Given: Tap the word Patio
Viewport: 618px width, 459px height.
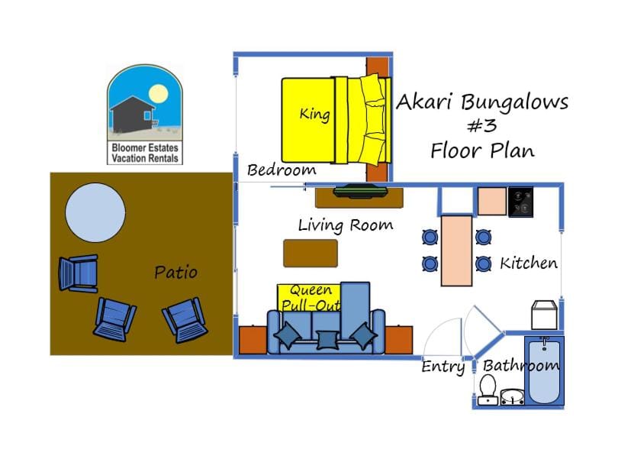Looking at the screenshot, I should click(175, 272).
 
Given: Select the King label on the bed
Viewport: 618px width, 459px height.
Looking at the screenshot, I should click(314, 115).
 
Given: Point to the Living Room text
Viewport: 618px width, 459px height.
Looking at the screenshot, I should click(345, 225).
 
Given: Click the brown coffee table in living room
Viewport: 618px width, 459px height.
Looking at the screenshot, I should click(310, 253).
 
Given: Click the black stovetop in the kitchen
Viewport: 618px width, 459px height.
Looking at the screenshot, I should click(523, 202).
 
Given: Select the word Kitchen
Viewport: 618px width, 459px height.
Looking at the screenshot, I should click(528, 263).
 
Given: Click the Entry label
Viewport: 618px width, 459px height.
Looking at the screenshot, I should click(443, 367).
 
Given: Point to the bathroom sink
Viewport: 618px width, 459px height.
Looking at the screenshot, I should click(511, 396).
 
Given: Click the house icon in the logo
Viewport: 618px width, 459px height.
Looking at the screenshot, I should click(132, 112).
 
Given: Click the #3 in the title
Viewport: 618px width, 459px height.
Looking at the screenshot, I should click(481, 125).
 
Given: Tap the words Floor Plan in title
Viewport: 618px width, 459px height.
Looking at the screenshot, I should click(481, 150).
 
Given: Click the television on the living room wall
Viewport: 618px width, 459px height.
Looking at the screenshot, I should click(355, 190).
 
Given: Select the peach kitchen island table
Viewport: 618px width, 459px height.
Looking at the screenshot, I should click(456, 249).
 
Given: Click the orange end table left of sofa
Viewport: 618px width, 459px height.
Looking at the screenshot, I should click(252, 340).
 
